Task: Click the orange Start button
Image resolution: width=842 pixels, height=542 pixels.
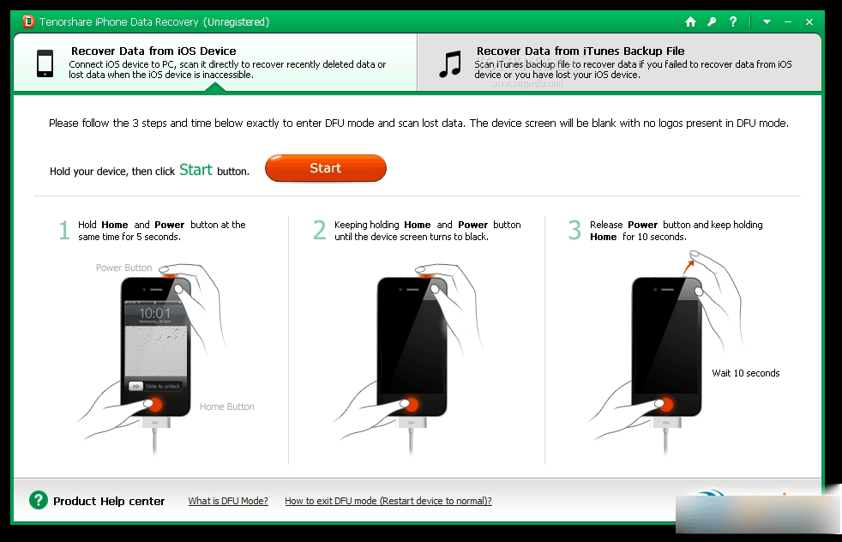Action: pyautogui.click(x=325, y=169)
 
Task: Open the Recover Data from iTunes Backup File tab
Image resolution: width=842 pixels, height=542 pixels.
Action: pyautogui.click(x=619, y=63)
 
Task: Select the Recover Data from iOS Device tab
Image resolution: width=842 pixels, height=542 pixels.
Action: pyautogui.click(x=214, y=63)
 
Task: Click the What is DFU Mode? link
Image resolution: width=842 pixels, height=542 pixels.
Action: pyautogui.click(x=228, y=501)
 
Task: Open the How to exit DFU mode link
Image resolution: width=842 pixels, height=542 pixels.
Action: pyautogui.click(x=388, y=501)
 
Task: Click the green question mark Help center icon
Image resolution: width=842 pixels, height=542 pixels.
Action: pyautogui.click(x=38, y=500)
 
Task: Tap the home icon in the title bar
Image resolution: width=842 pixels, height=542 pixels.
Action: pyautogui.click(x=691, y=21)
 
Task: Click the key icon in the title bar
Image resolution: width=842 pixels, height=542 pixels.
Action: pyautogui.click(x=712, y=21)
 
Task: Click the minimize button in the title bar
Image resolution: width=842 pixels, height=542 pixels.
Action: pyautogui.click(x=788, y=21)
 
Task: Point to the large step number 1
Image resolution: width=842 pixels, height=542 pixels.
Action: pyautogui.click(x=63, y=231)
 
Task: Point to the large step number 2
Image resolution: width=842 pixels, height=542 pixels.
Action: pyautogui.click(x=319, y=231)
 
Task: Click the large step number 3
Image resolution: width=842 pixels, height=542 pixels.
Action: pyautogui.click(x=574, y=231)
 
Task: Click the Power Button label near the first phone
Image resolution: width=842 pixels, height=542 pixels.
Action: pyautogui.click(x=123, y=268)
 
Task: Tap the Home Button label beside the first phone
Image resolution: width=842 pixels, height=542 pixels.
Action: pyautogui.click(x=226, y=406)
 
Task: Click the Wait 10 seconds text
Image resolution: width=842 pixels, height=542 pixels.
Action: pyautogui.click(x=745, y=373)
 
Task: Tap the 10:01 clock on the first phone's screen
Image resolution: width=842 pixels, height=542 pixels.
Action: pyautogui.click(x=155, y=314)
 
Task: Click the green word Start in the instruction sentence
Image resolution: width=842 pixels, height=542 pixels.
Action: pyautogui.click(x=195, y=170)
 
